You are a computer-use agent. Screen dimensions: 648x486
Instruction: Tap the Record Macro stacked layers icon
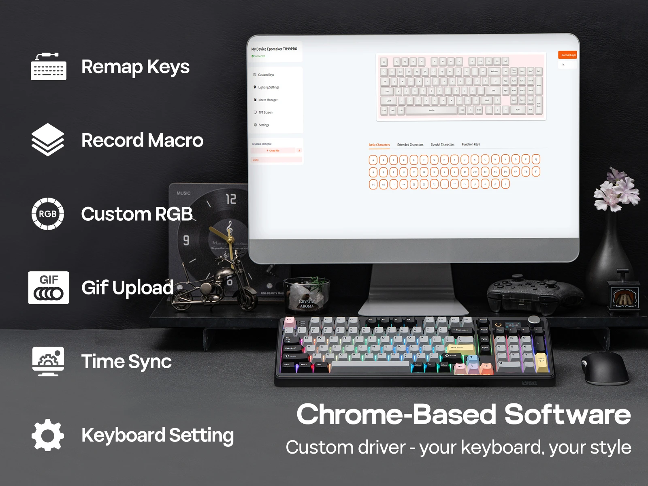point(48,140)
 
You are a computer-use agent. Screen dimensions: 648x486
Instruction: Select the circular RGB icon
point(48,214)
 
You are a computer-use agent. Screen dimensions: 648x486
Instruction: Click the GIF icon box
point(49,288)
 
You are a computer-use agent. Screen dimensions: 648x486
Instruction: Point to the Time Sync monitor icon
point(48,361)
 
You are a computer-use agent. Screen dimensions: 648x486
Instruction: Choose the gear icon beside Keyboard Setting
point(48,435)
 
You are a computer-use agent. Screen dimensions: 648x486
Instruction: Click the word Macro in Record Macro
point(175,141)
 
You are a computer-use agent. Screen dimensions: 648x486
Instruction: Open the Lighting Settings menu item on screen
point(269,87)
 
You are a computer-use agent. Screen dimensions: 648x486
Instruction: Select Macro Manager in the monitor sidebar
point(268,100)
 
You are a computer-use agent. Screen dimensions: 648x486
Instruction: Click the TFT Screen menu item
point(265,113)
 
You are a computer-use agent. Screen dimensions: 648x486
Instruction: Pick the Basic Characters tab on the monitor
point(379,145)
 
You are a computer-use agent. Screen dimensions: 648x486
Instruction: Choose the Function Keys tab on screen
point(471,145)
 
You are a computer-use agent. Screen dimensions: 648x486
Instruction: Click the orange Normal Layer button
point(568,55)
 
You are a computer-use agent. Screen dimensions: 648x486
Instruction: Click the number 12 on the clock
point(231,199)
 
